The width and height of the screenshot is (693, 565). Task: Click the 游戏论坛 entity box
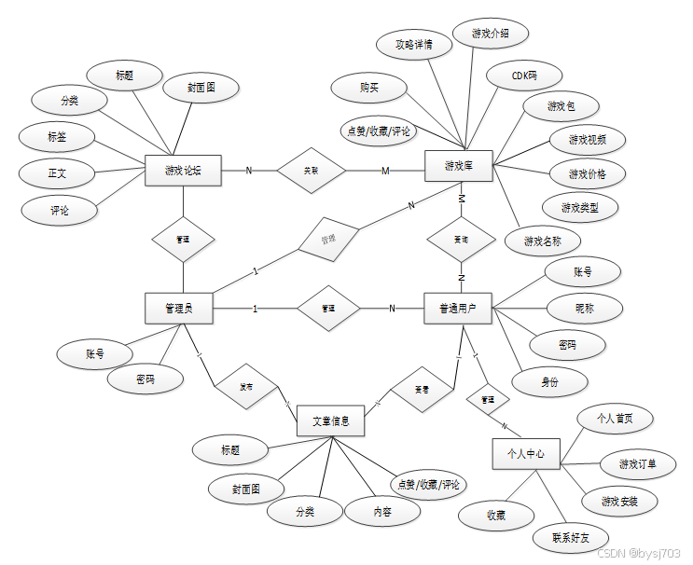(183, 170)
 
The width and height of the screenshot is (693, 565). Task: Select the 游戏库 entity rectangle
(459, 166)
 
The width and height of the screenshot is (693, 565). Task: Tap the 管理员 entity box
(179, 309)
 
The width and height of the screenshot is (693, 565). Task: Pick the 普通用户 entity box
(457, 309)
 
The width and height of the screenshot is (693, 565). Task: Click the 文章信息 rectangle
(330, 420)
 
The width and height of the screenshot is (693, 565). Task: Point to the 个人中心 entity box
(526, 454)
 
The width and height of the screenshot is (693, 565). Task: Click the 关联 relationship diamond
(311, 171)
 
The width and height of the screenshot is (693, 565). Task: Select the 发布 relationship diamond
(246, 386)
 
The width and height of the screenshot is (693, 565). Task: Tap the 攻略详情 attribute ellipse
(414, 45)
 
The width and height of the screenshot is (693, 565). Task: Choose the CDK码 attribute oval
(524, 74)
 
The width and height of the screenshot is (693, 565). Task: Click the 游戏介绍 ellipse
(491, 33)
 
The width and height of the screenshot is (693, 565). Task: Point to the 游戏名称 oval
(542, 241)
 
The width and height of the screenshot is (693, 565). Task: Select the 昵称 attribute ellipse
(583, 308)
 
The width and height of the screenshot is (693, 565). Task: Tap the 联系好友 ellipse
(570, 538)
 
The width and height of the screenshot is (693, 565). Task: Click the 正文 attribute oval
(58, 172)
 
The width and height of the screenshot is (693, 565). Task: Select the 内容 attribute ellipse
(382, 511)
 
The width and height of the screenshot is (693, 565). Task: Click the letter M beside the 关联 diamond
(385, 171)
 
